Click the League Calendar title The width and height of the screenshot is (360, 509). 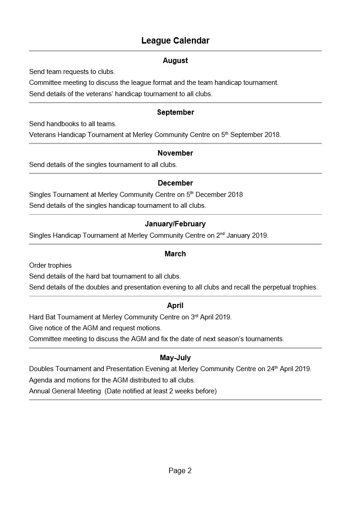point(175,41)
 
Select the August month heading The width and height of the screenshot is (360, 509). point(175,61)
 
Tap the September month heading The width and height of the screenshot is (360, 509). point(175,113)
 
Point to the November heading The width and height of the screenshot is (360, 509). point(175,153)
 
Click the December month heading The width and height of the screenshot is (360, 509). point(175,183)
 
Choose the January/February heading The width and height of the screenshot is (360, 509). point(175,224)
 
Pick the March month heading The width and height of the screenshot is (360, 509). point(175,254)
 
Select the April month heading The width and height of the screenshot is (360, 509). point(175,306)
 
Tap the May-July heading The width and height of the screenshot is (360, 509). point(175,358)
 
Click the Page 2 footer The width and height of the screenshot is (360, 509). point(180,471)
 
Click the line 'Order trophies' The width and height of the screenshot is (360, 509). point(50,265)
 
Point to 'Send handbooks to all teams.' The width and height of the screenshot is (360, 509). point(73,124)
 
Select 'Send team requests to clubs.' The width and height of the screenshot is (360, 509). point(72,72)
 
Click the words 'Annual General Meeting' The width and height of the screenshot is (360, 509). point(65,391)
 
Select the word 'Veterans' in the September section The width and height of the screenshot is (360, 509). point(42,135)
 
